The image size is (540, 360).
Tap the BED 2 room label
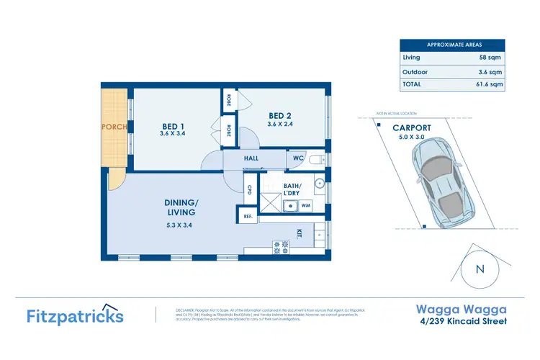point(280,117)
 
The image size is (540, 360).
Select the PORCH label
point(114,127)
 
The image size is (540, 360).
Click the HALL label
point(251,158)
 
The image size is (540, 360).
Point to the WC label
point(298,158)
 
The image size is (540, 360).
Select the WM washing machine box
point(305,206)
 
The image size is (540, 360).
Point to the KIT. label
point(299,233)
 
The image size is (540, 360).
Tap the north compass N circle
point(480,270)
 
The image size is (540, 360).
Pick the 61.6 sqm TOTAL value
point(488,84)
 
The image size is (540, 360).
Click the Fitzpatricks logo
point(75,315)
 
